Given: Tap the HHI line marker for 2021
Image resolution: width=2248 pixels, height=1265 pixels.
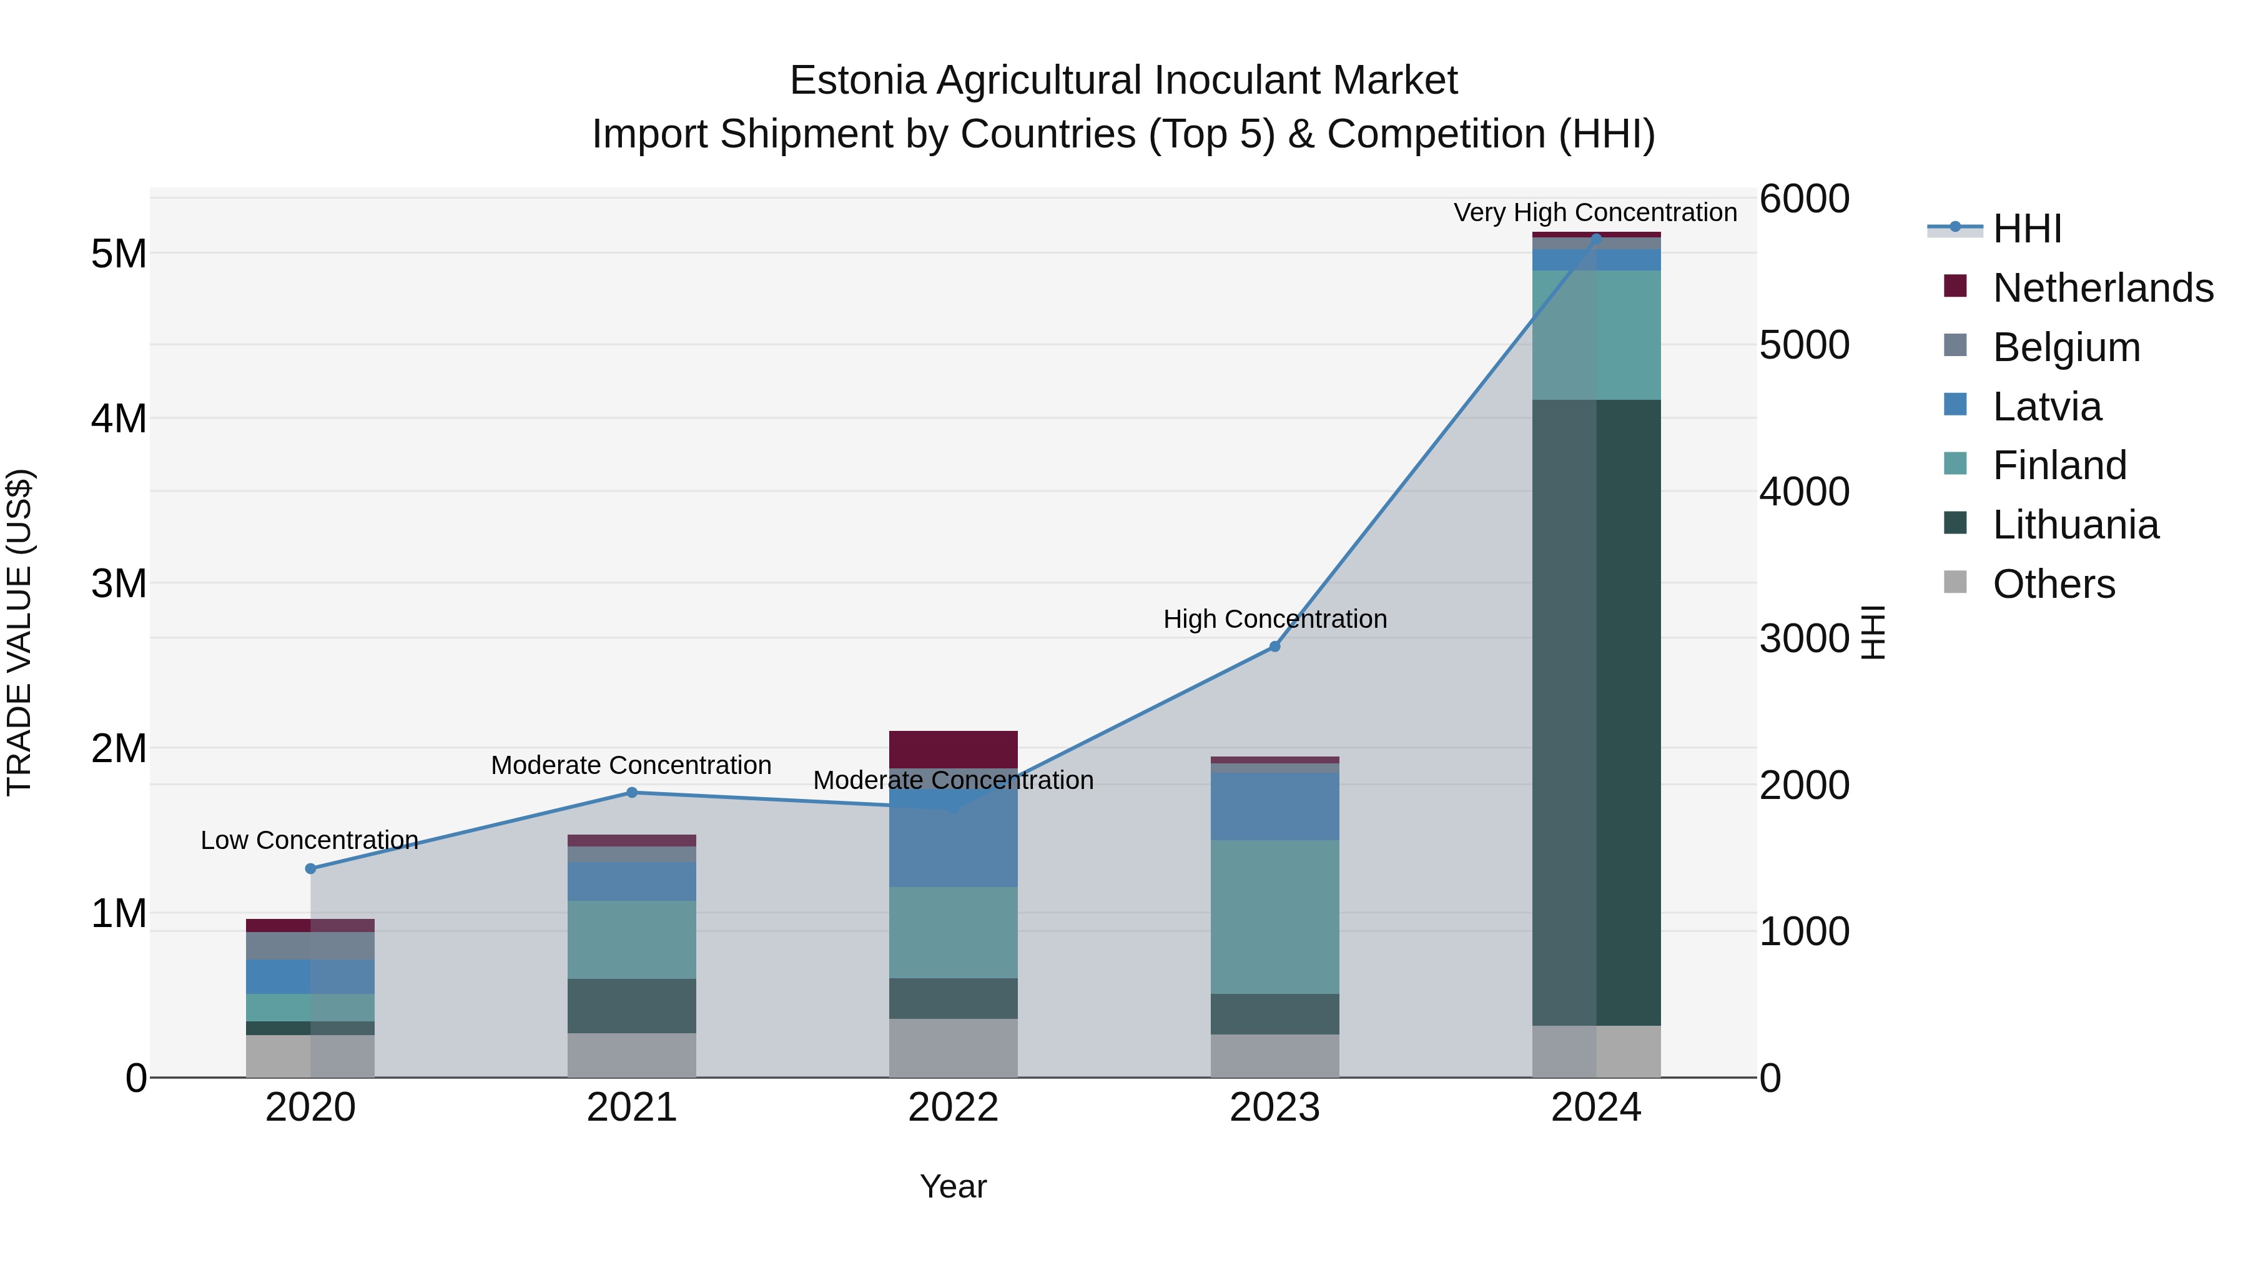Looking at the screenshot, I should coord(632,793).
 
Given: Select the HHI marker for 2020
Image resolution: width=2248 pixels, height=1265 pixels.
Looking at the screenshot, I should coord(311,869).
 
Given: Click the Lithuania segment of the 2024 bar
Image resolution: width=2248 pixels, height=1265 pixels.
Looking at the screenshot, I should coord(1596,712).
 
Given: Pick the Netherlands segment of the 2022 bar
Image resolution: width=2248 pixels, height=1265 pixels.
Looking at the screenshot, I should coord(953,749).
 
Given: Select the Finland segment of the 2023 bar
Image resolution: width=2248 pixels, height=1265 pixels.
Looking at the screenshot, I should coord(1274,916).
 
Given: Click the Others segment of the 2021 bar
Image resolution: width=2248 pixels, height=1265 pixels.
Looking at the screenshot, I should coord(632,1056).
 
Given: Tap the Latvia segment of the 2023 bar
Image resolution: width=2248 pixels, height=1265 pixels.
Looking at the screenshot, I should coord(1274,806).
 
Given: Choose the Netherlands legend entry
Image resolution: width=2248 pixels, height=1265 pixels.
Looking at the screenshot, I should coord(2103,288).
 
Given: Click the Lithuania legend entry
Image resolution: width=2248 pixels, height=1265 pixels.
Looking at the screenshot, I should coord(2075,525).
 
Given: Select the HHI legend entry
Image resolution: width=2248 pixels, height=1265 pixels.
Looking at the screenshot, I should coord(2026,229).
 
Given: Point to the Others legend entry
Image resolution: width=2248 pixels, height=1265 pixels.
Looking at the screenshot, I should coord(2053,584).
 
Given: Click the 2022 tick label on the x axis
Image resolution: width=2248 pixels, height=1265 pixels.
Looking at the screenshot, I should coord(953,1108).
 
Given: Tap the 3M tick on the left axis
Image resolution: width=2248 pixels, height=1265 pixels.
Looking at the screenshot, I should coord(119,583).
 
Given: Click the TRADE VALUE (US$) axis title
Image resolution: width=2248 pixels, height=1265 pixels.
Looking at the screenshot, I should coord(20,632).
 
